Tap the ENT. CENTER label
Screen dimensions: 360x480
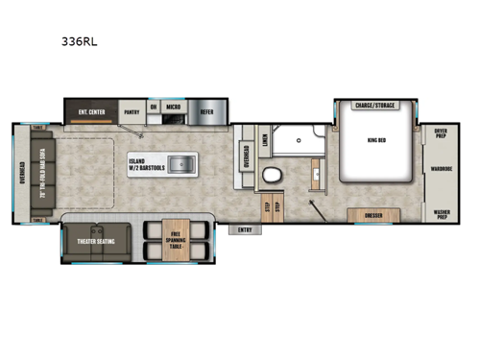pyautogui.click(x=91, y=109)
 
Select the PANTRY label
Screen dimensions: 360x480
pyautogui.click(x=132, y=109)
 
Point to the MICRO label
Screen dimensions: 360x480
pyautogui.click(x=173, y=108)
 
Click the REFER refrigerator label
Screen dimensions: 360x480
pyautogui.click(x=207, y=109)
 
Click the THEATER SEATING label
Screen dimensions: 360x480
pyautogui.click(x=96, y=241)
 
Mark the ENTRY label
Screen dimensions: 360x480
pyautogui.click(x=245, y=229)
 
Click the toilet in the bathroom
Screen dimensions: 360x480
pyautogui.click(x=272, y=176)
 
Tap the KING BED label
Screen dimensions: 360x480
pyautogui.click(x=376, y=140)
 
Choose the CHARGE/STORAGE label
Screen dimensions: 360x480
pyautogui.click(x=375, y=106)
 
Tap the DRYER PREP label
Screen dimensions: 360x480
pyautogui.click(x=441, y=132)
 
